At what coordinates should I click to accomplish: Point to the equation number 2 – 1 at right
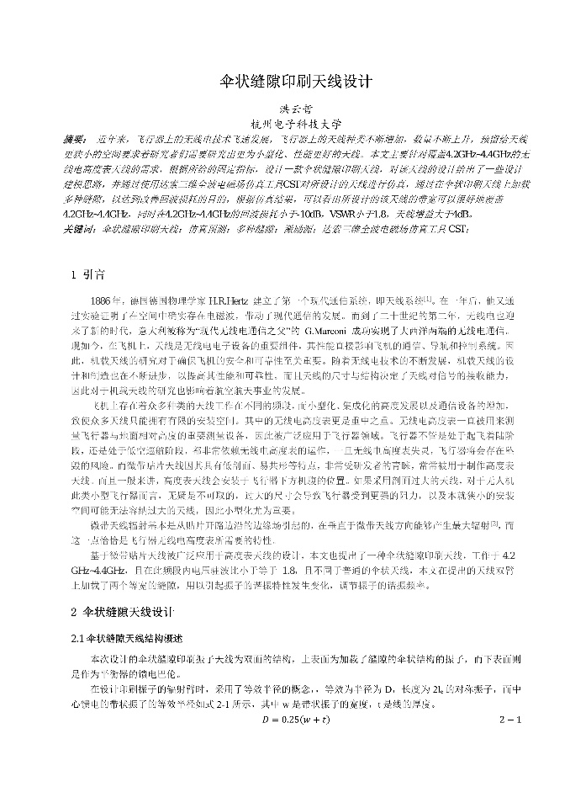(509, 720)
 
